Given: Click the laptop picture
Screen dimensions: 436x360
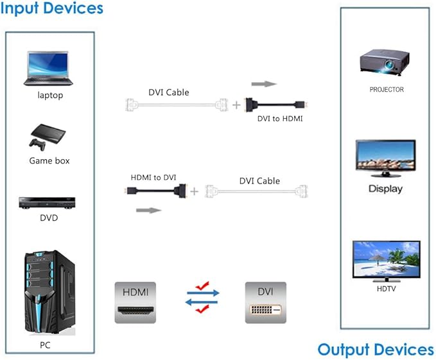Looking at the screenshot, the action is pos(48,68).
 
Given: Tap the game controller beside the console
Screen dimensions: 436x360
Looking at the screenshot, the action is pos(37,144).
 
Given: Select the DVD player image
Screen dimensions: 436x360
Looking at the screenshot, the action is pos(47,203).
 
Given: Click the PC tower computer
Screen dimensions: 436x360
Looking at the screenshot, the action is pos(50,292).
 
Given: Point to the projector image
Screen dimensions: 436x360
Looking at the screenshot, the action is pos(385,62).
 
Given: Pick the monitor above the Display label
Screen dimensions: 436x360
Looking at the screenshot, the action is pos(385,159).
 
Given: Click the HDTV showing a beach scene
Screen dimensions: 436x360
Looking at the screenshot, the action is pos(386,261).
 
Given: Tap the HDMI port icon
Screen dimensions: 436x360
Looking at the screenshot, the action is pos(135,302).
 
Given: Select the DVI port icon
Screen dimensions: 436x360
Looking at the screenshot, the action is pos(266,302).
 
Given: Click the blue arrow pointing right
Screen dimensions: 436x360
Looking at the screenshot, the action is pos(204,293).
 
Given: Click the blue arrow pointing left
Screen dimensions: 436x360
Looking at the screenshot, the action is pos(202,302).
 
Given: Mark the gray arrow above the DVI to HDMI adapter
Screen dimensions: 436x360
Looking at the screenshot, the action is pos(264,84).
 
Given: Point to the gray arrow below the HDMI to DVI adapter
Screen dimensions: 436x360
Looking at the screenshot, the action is pos(149,210).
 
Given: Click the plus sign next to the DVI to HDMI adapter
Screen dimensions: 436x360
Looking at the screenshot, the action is pos(236,105).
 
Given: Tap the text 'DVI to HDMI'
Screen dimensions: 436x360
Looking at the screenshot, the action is pos(280,119).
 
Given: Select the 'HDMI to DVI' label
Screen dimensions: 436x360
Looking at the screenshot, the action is pos(153,177).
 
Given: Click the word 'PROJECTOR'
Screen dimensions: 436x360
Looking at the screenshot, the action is pos(387,89).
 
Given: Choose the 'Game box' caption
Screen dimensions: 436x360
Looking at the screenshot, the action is pos(49,160).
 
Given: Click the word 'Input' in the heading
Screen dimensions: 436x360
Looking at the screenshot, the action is pos(19,8).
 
